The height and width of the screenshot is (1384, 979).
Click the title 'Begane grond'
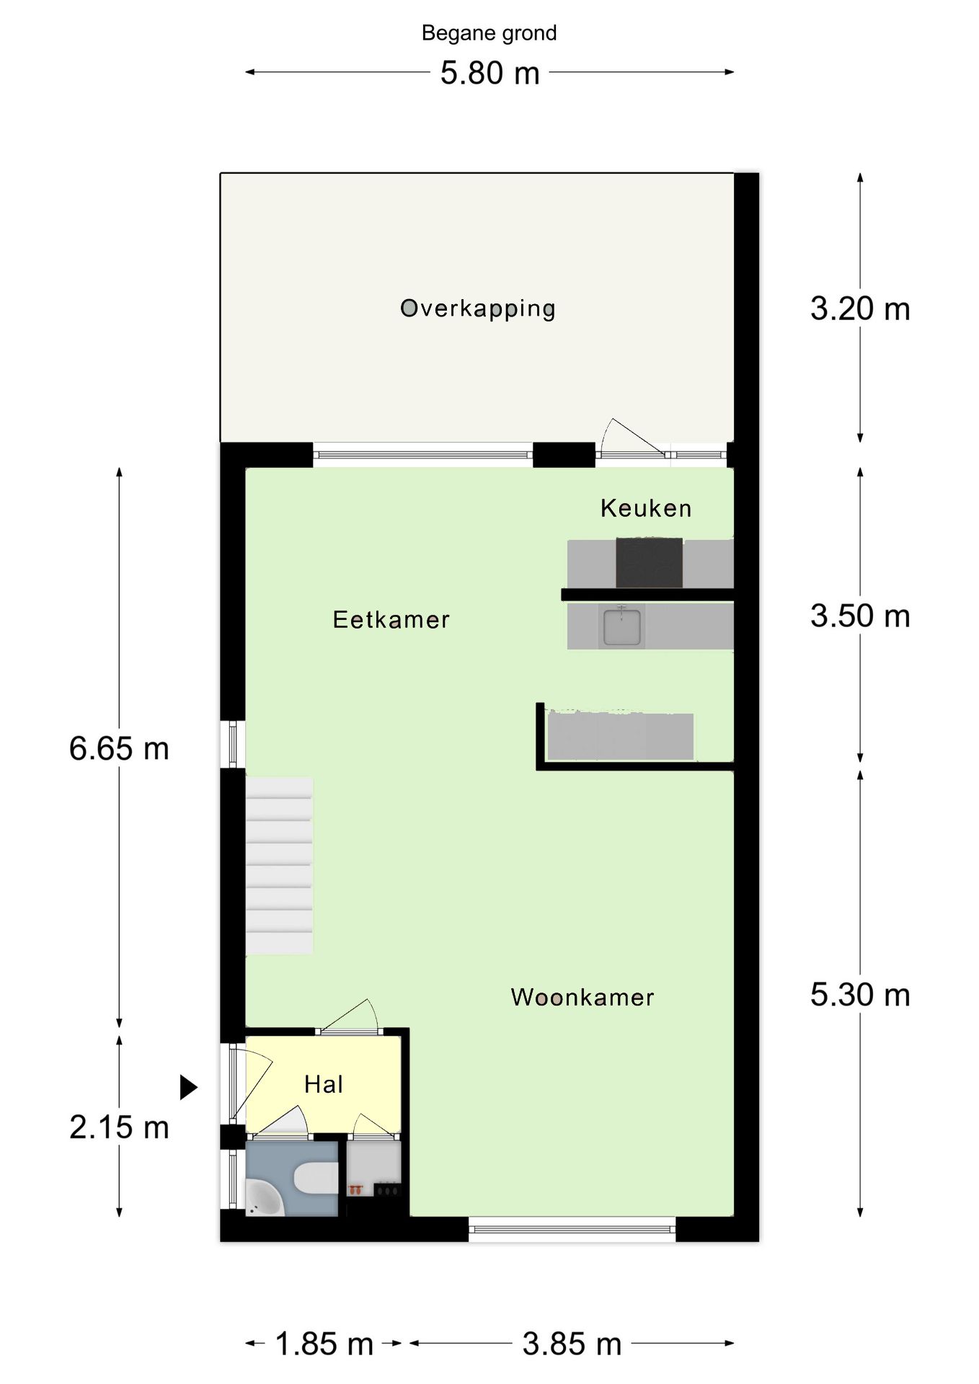[489, 33]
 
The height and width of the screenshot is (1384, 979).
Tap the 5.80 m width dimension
[490, 73]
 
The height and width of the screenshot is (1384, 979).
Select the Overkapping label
[478, 309]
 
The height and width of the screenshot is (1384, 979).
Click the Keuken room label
[646, 508]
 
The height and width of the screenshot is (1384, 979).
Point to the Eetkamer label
[391, 619]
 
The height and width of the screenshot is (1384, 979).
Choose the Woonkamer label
[582, 997]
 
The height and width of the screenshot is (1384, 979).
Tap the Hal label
[324, 1084]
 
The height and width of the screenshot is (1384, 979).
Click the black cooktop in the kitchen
[649, 562]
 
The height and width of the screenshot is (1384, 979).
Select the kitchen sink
[622, 626]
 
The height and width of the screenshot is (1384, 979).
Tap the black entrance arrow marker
[188, 1087]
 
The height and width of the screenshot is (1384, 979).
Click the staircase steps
[279, 865]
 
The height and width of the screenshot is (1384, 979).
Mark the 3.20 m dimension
[860, 309]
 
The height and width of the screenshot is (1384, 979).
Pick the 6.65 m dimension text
[119, 748]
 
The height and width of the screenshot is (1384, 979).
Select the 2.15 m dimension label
[119, 1127]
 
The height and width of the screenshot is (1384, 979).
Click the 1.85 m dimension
[324, 1344]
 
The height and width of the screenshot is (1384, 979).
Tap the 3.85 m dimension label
[572, 1344]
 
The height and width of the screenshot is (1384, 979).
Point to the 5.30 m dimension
[860, 995]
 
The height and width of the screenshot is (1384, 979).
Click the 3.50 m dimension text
[860, 616]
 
